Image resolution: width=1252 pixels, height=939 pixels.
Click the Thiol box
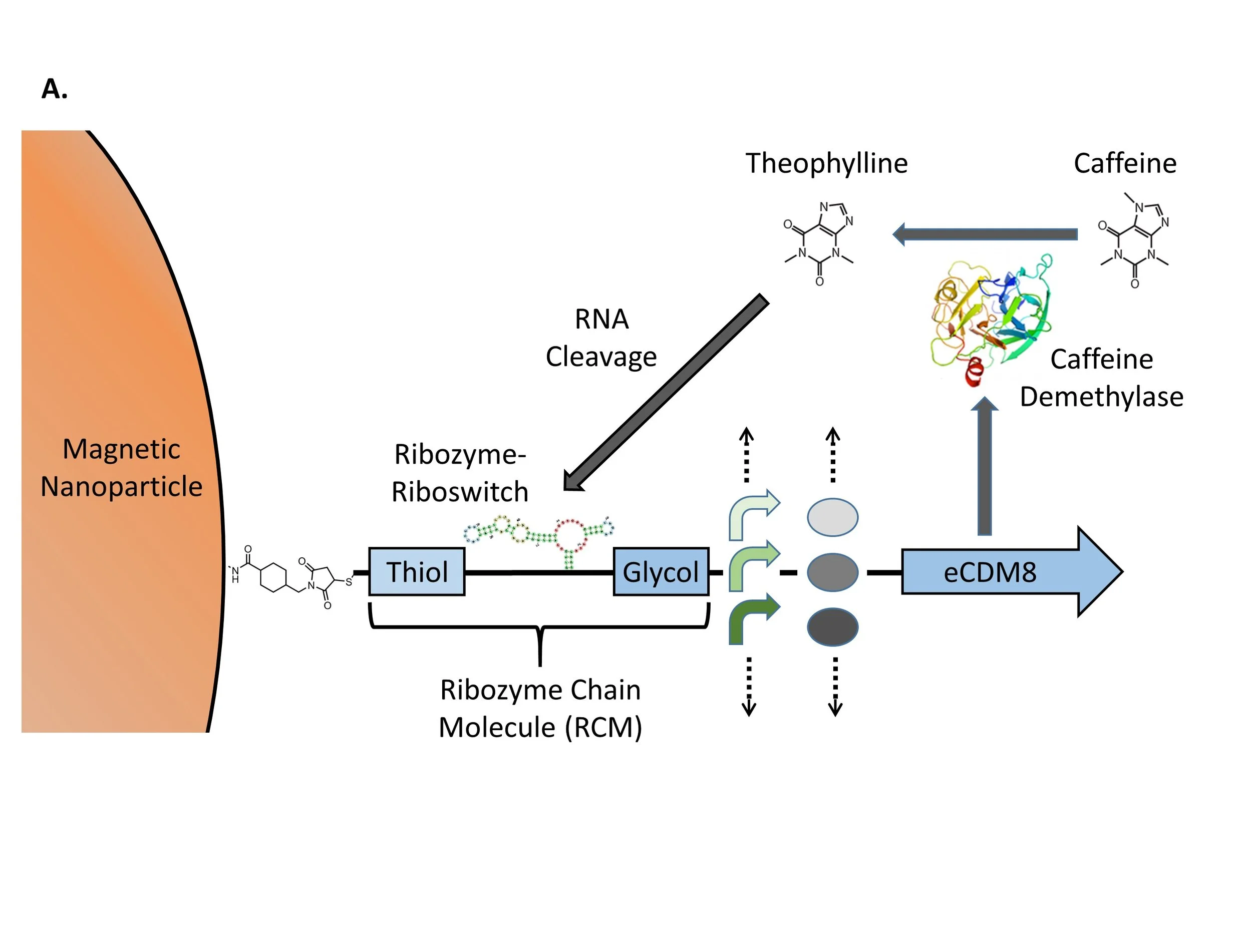(x=417, y=572)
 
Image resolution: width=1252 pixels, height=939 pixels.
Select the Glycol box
(x=661, y=572)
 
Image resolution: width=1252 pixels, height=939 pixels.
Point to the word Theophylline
(x=826, y=164)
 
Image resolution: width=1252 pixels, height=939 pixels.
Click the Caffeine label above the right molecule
(x=1125, y=164)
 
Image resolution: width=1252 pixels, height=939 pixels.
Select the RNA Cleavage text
(x=601, y=338)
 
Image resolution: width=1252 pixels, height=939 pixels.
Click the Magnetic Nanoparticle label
(x=121, y=468)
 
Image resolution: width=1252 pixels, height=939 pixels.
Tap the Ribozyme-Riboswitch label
(x=460, y=473)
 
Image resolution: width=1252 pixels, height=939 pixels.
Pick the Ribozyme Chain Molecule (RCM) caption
(x=540, y=709)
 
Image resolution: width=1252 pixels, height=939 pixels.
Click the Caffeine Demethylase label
(x=1101, y=378)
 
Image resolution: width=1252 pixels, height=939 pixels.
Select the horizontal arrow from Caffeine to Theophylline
(x=985, y=234)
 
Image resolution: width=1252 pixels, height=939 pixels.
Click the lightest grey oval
(x=832, y=517)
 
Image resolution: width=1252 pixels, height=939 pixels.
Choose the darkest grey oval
(x=832, y=627)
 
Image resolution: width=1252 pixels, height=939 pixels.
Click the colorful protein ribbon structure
(x=988, y=317)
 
